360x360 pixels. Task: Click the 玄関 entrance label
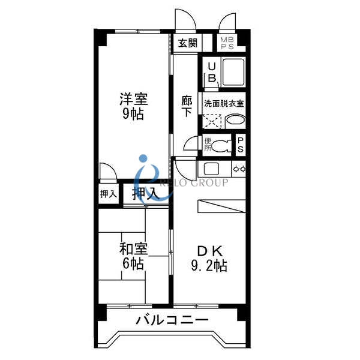(188, 43)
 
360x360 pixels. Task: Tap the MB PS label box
(227, 43)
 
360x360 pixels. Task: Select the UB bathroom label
(211, 73)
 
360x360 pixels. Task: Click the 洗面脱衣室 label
(224, 103)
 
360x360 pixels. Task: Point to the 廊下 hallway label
(187, 106)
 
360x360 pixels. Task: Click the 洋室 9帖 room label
(133, 106)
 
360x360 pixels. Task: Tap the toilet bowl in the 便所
(223, 145)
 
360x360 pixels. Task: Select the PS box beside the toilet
(240, 145)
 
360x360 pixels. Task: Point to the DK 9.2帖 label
(209, 259)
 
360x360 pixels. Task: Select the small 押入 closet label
(109, 194)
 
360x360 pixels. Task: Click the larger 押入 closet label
(145, 193)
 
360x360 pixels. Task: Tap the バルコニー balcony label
(172, 320)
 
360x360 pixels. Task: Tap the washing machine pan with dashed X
(211, 120)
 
